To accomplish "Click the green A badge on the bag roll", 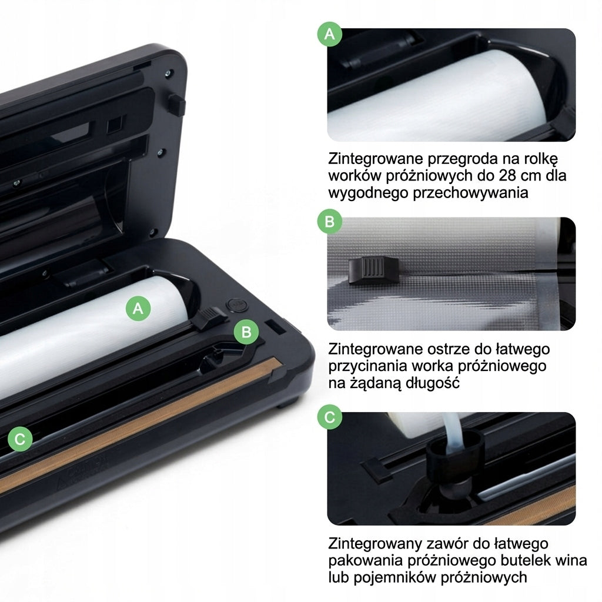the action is (138, 308).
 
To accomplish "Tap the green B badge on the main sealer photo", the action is (246, 332).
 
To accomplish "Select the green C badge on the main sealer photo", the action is (19, 439).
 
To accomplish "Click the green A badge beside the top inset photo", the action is (330, 34).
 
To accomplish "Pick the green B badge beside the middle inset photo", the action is (330, 222).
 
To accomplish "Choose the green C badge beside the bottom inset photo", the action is (330, 417).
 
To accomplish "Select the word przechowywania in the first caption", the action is (470, 193).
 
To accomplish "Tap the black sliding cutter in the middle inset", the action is (373, 270).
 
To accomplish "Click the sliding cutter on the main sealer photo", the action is (209, 317).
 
